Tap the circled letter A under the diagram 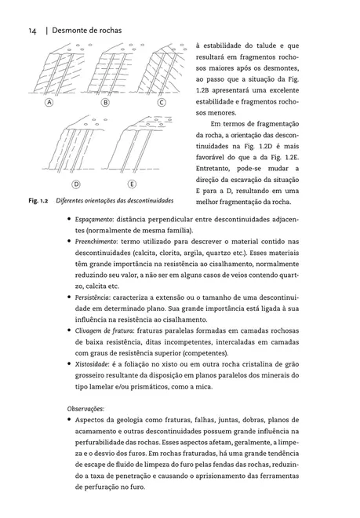tap(49, 103)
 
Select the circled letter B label tap(105, 103)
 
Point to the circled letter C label tap(162, 103)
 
